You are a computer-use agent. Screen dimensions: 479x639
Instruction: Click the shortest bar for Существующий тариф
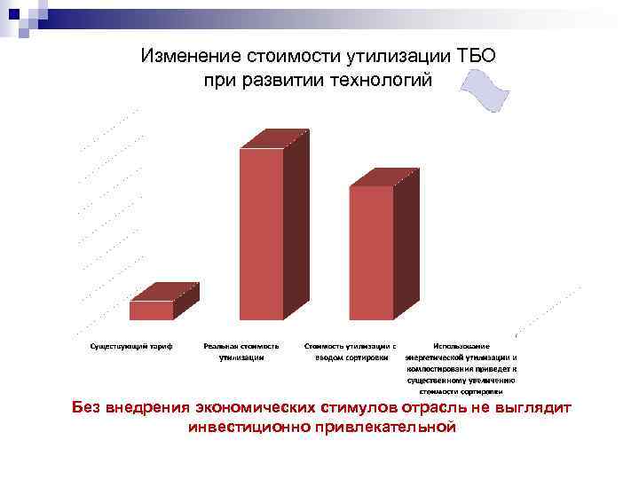coord(152,310)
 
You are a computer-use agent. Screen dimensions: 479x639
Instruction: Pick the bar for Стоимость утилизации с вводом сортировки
coord(371,252)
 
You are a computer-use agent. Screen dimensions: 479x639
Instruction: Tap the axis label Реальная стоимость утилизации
coord(241,351)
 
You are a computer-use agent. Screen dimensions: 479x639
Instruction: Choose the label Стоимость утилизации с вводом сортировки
coord(350,351)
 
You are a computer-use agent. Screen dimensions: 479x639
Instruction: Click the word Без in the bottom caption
coord(87,408)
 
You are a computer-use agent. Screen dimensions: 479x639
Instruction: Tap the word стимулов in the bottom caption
coord(353,408)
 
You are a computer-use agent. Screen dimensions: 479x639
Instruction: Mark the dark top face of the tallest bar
coord(274,138)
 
